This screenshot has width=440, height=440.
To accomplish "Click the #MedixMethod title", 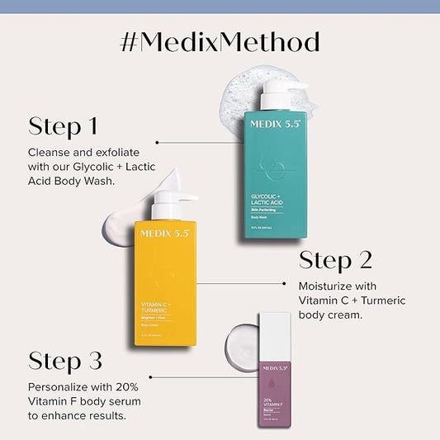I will (220, 42).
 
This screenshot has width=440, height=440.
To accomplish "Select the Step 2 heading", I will (335, 261).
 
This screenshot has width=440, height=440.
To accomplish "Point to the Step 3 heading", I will (65, 361).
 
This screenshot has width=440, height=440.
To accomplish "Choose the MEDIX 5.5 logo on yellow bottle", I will (164, 234).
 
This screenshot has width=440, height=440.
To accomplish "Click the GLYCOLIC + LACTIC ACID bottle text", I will (272, 198).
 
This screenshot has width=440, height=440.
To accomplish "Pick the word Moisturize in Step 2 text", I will (327, 286).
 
